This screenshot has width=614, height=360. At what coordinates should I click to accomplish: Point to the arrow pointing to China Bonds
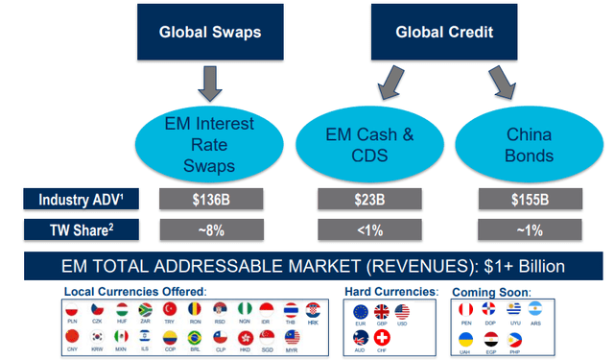pyautogui.click(x=502, y=84)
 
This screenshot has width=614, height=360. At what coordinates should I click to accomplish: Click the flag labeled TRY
pyautogui.click(x=170, y=309)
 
